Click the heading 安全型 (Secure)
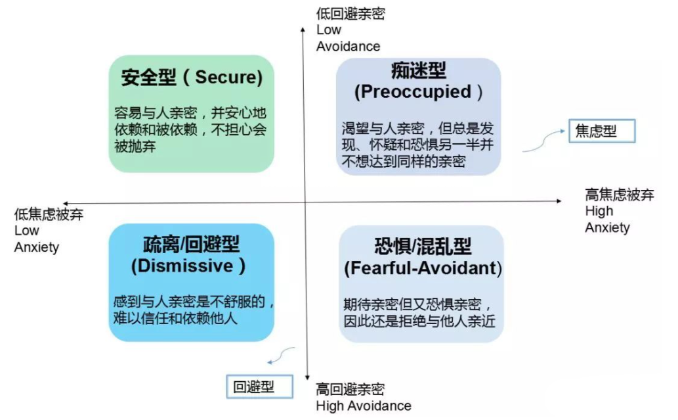coord(192,78)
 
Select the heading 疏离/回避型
coord(192,245)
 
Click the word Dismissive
coord(182,266)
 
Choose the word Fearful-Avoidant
coord(421,268)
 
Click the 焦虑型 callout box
coord(602,131)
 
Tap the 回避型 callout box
coord(259,386)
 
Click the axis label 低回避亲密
coord(350,14)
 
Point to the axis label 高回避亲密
coord(350,389)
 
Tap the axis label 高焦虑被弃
coord(620,195)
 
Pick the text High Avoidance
coord(364,406)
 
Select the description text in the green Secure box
coord(190,129)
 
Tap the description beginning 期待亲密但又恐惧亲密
coord(419,313)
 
